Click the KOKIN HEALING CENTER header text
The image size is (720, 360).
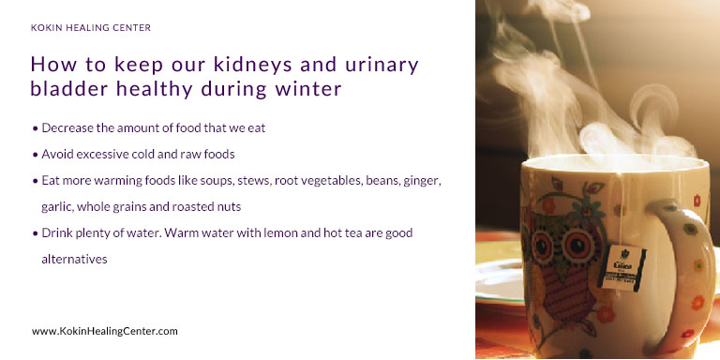click(x=91, y=28)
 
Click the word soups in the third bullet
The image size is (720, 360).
click(x=202, y=179)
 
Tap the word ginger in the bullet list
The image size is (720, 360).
click(x=419, y=179)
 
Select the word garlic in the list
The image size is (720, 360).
click(x=56, y=205)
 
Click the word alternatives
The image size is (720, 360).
click(x=75, y=258)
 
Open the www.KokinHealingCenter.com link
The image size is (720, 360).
click(x=104, y=331)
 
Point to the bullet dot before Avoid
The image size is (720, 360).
click(x=36, y=153)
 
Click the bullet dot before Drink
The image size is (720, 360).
click(x=36, y=232)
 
